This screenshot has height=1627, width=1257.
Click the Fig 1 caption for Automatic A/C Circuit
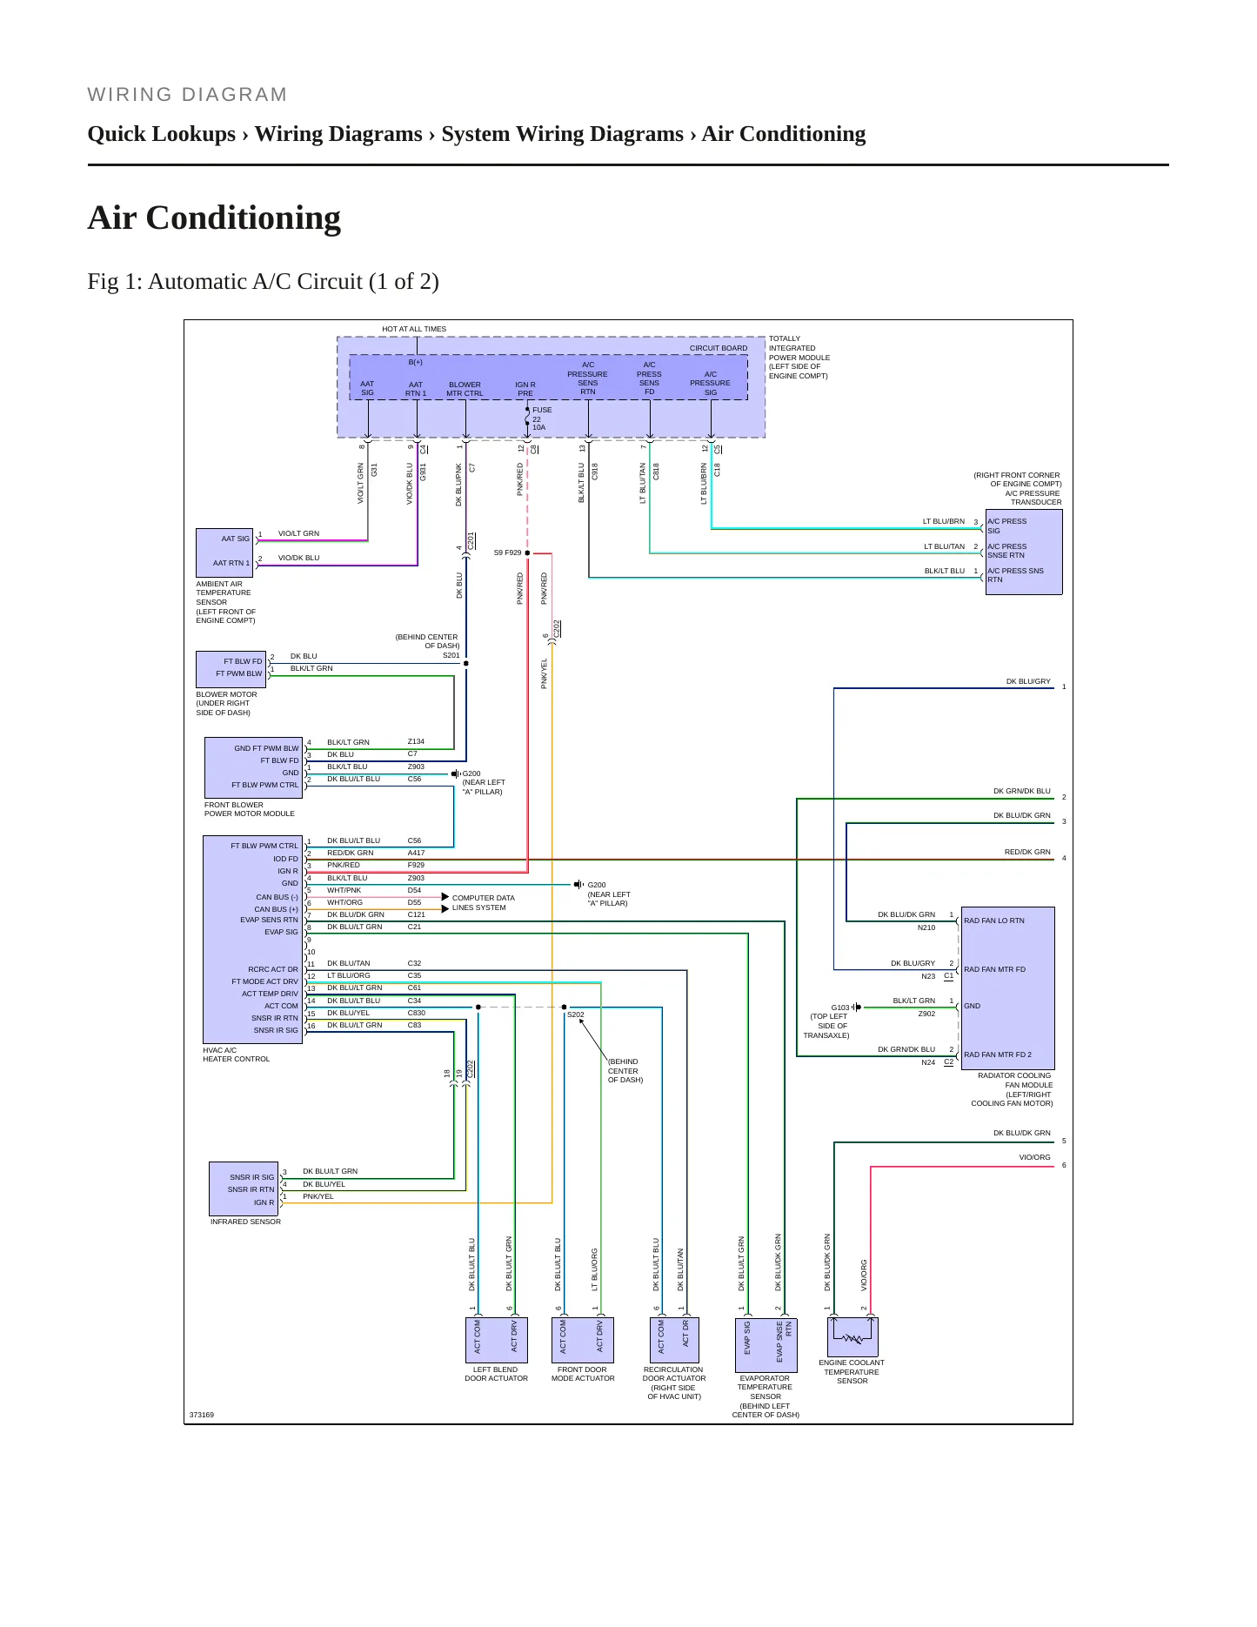[x=263, y=282]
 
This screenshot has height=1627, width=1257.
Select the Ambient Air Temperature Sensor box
[x=224, y=552]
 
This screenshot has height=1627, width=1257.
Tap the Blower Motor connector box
[x=231, y=668]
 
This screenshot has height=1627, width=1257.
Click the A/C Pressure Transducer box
[x=1024, y=552]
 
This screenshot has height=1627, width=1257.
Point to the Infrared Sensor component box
[x=244, y=1188]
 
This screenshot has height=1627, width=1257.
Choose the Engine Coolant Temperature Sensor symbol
[x=852, y=1337]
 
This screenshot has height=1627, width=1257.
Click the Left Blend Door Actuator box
[x=497, y=1340]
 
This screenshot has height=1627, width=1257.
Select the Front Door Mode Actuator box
[x=583, y=1340]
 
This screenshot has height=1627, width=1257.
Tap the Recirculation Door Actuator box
[x=673, y=1340]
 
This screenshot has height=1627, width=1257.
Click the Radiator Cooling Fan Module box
[x=1008, y=988]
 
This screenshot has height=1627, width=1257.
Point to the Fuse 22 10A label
[x=540, y=418]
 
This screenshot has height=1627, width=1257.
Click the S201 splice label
[x=451, y=655]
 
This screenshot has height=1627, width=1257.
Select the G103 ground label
[x=839, y=1008]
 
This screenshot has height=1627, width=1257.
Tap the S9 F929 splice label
[x=507, y=552]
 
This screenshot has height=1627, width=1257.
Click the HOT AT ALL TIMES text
[x=414, y=329]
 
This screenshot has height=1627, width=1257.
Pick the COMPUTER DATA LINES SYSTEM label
[x=483, y=902]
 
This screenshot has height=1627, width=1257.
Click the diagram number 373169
[x=202, y=1415]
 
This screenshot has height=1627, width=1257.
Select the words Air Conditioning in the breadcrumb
[x=784, y=134]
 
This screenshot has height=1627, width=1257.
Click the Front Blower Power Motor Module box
[x=253, y=767]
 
